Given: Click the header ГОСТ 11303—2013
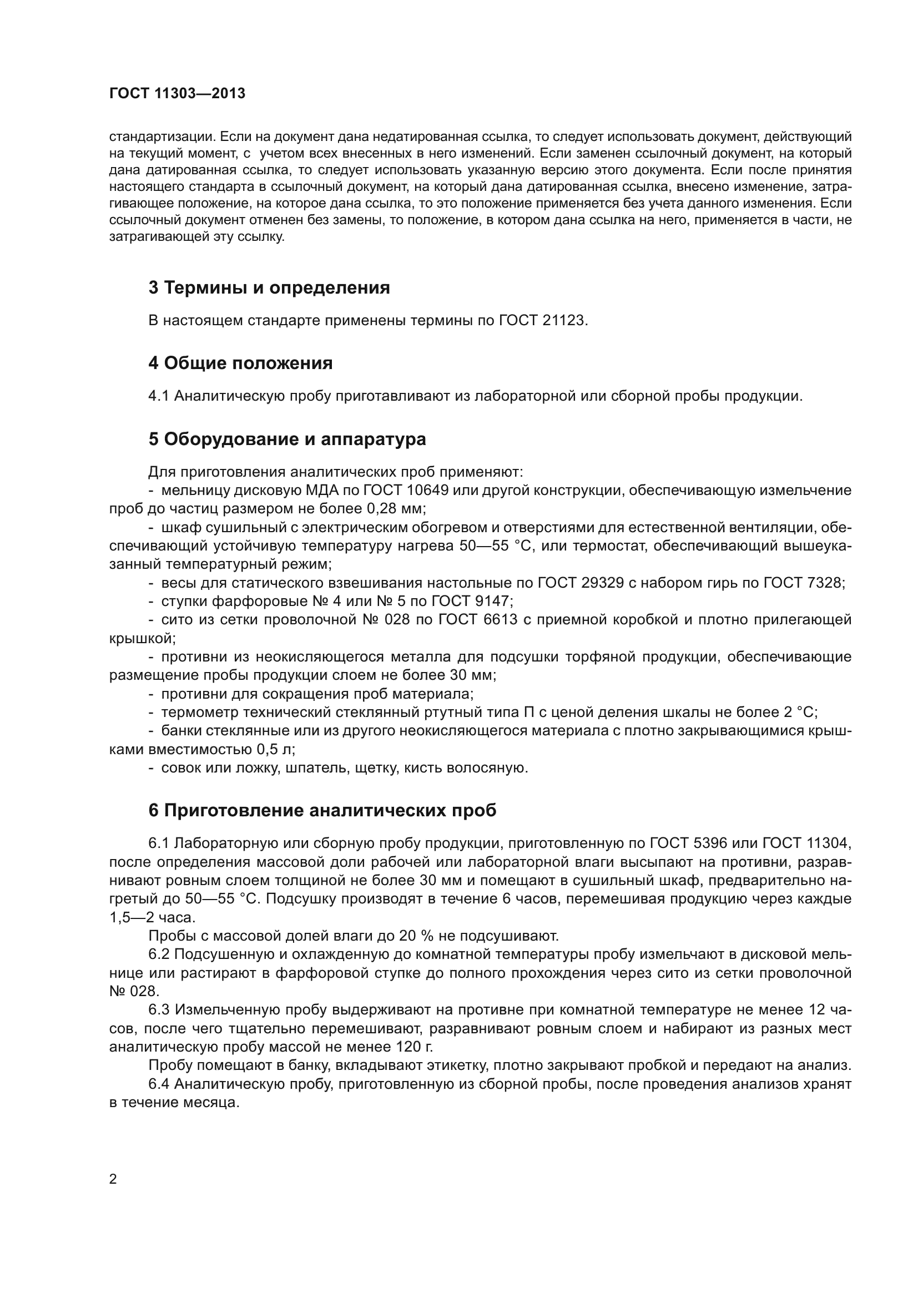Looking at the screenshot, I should pos(177,93).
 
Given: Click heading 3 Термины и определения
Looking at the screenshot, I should pos(269,288).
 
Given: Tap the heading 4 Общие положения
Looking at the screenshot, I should pos(240,363).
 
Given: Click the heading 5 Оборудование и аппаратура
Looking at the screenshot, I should pos(287,439).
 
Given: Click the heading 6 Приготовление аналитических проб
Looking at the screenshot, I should pos(322,810).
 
